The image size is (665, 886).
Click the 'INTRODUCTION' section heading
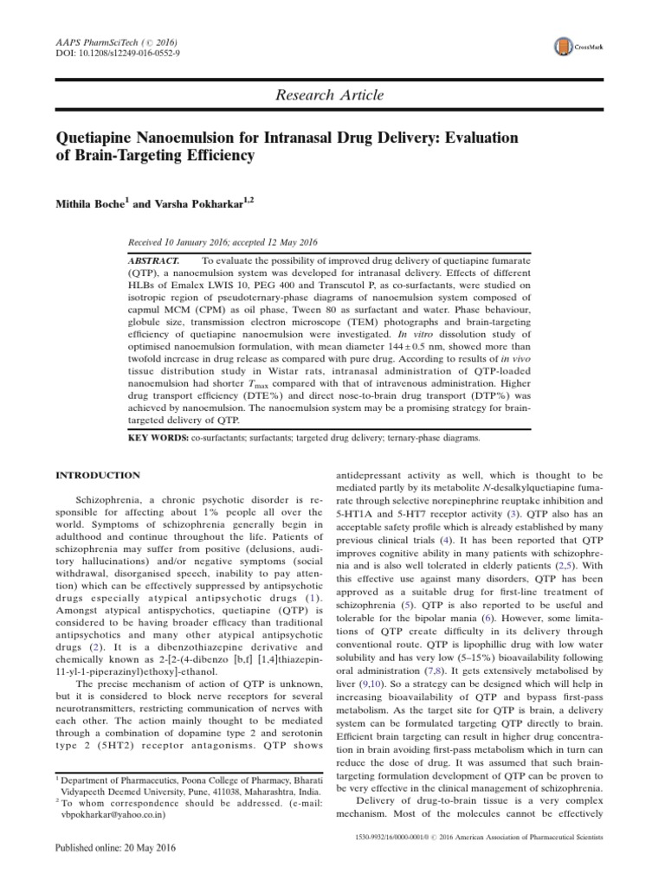pyautogui.click(x=98, y=475)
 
